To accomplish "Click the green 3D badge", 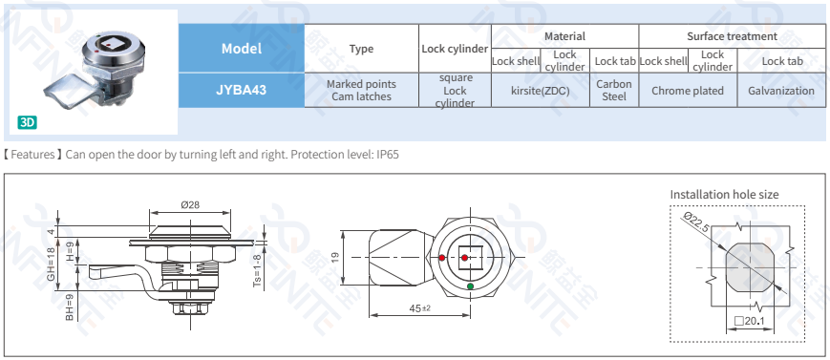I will (27, 122).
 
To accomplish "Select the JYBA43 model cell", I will (241, 91).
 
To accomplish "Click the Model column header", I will (241, 49).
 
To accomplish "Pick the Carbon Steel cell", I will (614, 91).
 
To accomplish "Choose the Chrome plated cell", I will (688, 91).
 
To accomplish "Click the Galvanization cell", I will (781, 91).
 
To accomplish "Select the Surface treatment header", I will (732, 36).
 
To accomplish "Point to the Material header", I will (564, 36).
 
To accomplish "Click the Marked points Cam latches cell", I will (361, 91).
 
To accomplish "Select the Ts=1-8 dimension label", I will (257, 269).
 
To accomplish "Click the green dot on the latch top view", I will (470, 286).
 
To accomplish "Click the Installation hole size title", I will (724, 194).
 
